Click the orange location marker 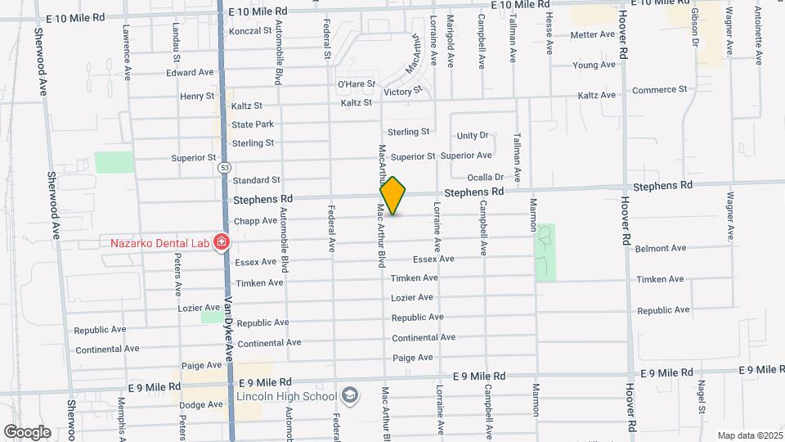[393, 196]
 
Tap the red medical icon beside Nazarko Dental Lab [221, 241]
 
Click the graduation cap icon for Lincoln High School [350, 396]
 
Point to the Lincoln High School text [286, 397]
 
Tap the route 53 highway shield [223, 167]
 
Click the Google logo [27, 431]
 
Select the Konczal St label [250, 31]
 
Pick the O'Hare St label [356, 84]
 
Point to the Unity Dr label [473, 136]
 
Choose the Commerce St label [659, 90]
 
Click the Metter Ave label [592, 35]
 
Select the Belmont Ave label [660, 248]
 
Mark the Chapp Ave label [256, 221]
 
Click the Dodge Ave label [200, 405]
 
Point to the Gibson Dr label [695, 29]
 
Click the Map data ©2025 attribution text [749, 435]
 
